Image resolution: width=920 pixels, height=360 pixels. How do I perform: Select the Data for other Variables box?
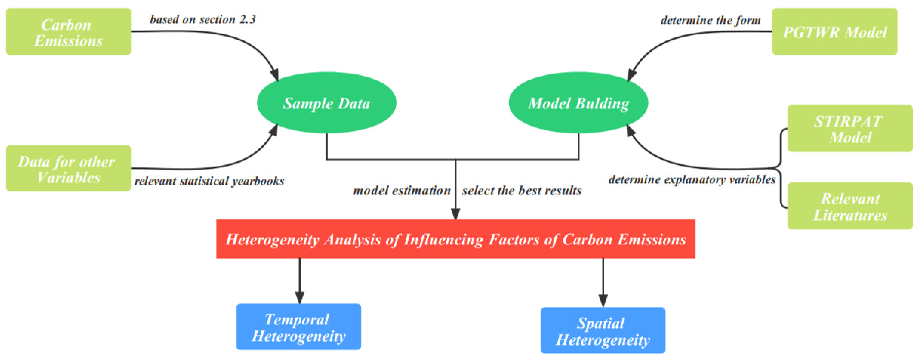point(68,168)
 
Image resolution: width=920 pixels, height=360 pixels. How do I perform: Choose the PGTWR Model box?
point(835,32)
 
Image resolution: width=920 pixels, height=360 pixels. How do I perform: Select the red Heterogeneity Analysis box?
point(456,239)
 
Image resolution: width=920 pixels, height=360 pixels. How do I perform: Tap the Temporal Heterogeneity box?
point(299,327)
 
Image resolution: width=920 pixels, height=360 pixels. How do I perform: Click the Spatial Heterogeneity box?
point(603,330)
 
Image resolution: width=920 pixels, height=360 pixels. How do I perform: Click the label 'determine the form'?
point(710,20)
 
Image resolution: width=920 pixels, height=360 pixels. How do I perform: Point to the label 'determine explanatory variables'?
point(692,179)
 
